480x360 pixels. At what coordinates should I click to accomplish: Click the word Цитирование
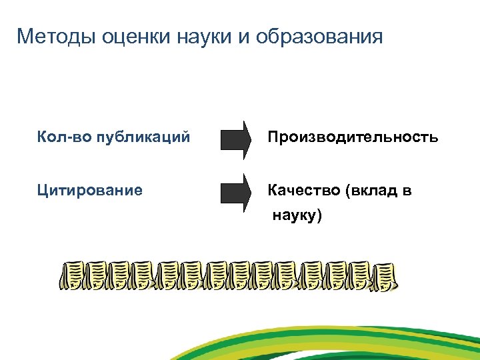coord(90,191)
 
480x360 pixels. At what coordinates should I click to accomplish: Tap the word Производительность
coord(353,138)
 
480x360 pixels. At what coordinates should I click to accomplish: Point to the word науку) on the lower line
coord(296,216)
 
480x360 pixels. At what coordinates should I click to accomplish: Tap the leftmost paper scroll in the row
coord(75,276)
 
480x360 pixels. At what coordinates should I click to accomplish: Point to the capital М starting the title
coord(25,36)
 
